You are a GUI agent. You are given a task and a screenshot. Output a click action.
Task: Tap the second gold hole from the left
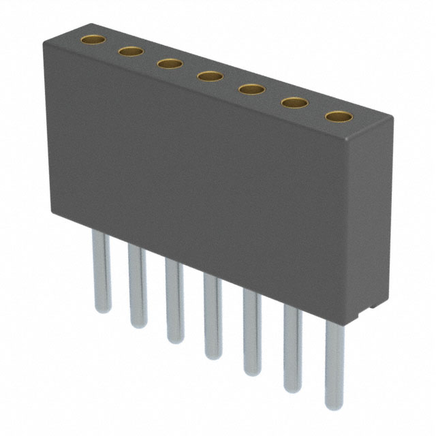(x=130, y=51)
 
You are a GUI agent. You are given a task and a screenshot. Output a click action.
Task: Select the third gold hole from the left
(x=169, y=63)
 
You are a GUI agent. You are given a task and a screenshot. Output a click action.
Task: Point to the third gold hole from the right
(x=251, y=89)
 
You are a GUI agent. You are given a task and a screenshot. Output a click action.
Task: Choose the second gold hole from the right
(x=294, y=103)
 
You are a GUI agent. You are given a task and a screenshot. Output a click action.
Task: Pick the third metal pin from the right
(x=251, y=334)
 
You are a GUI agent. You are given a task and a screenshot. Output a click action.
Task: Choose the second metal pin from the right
(x=293, y=351)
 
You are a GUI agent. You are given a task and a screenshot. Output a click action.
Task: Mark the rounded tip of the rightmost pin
(x=334, y=406)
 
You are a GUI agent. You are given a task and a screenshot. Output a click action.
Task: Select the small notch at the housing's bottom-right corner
(x=368, y=310)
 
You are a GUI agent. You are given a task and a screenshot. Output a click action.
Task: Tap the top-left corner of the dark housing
(x=46, y=41)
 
